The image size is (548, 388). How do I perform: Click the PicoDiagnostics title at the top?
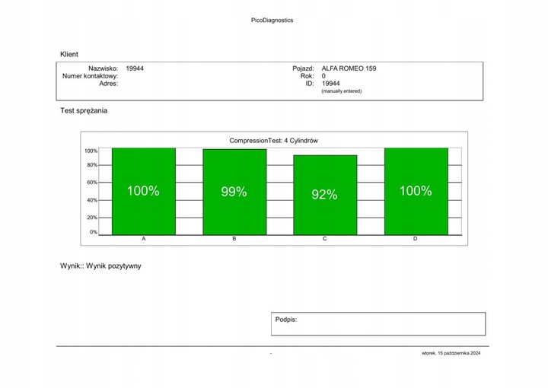(x=272, y=21)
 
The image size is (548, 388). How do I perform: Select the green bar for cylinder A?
(x=143, y=192)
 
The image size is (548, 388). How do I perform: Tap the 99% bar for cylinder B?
(x=234, y=192)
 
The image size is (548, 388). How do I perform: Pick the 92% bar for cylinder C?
(x=324, y=196)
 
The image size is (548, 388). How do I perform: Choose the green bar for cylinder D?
(x=416, y=192)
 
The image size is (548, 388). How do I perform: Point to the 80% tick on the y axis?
(x=92, y=165)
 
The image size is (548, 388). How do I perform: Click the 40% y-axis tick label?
(x=92, y=200)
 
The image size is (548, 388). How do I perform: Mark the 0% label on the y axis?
(x=94, y=232)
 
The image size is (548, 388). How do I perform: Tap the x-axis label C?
(x=324, y=240)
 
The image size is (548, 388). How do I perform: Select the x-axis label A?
(x=144, y=240)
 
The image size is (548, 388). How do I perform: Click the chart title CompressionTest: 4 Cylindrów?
(x=272, y=140)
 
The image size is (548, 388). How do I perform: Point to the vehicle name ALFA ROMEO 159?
(x=349, y=68)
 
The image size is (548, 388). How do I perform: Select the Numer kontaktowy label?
(x=90, y=76)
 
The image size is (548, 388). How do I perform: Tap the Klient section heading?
(x=69, y=55)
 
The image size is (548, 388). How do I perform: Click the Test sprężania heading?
(x=84, y=111)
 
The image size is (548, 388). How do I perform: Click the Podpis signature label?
(x=286, y=320)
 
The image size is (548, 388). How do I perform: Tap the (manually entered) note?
(x=342, y=91)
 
